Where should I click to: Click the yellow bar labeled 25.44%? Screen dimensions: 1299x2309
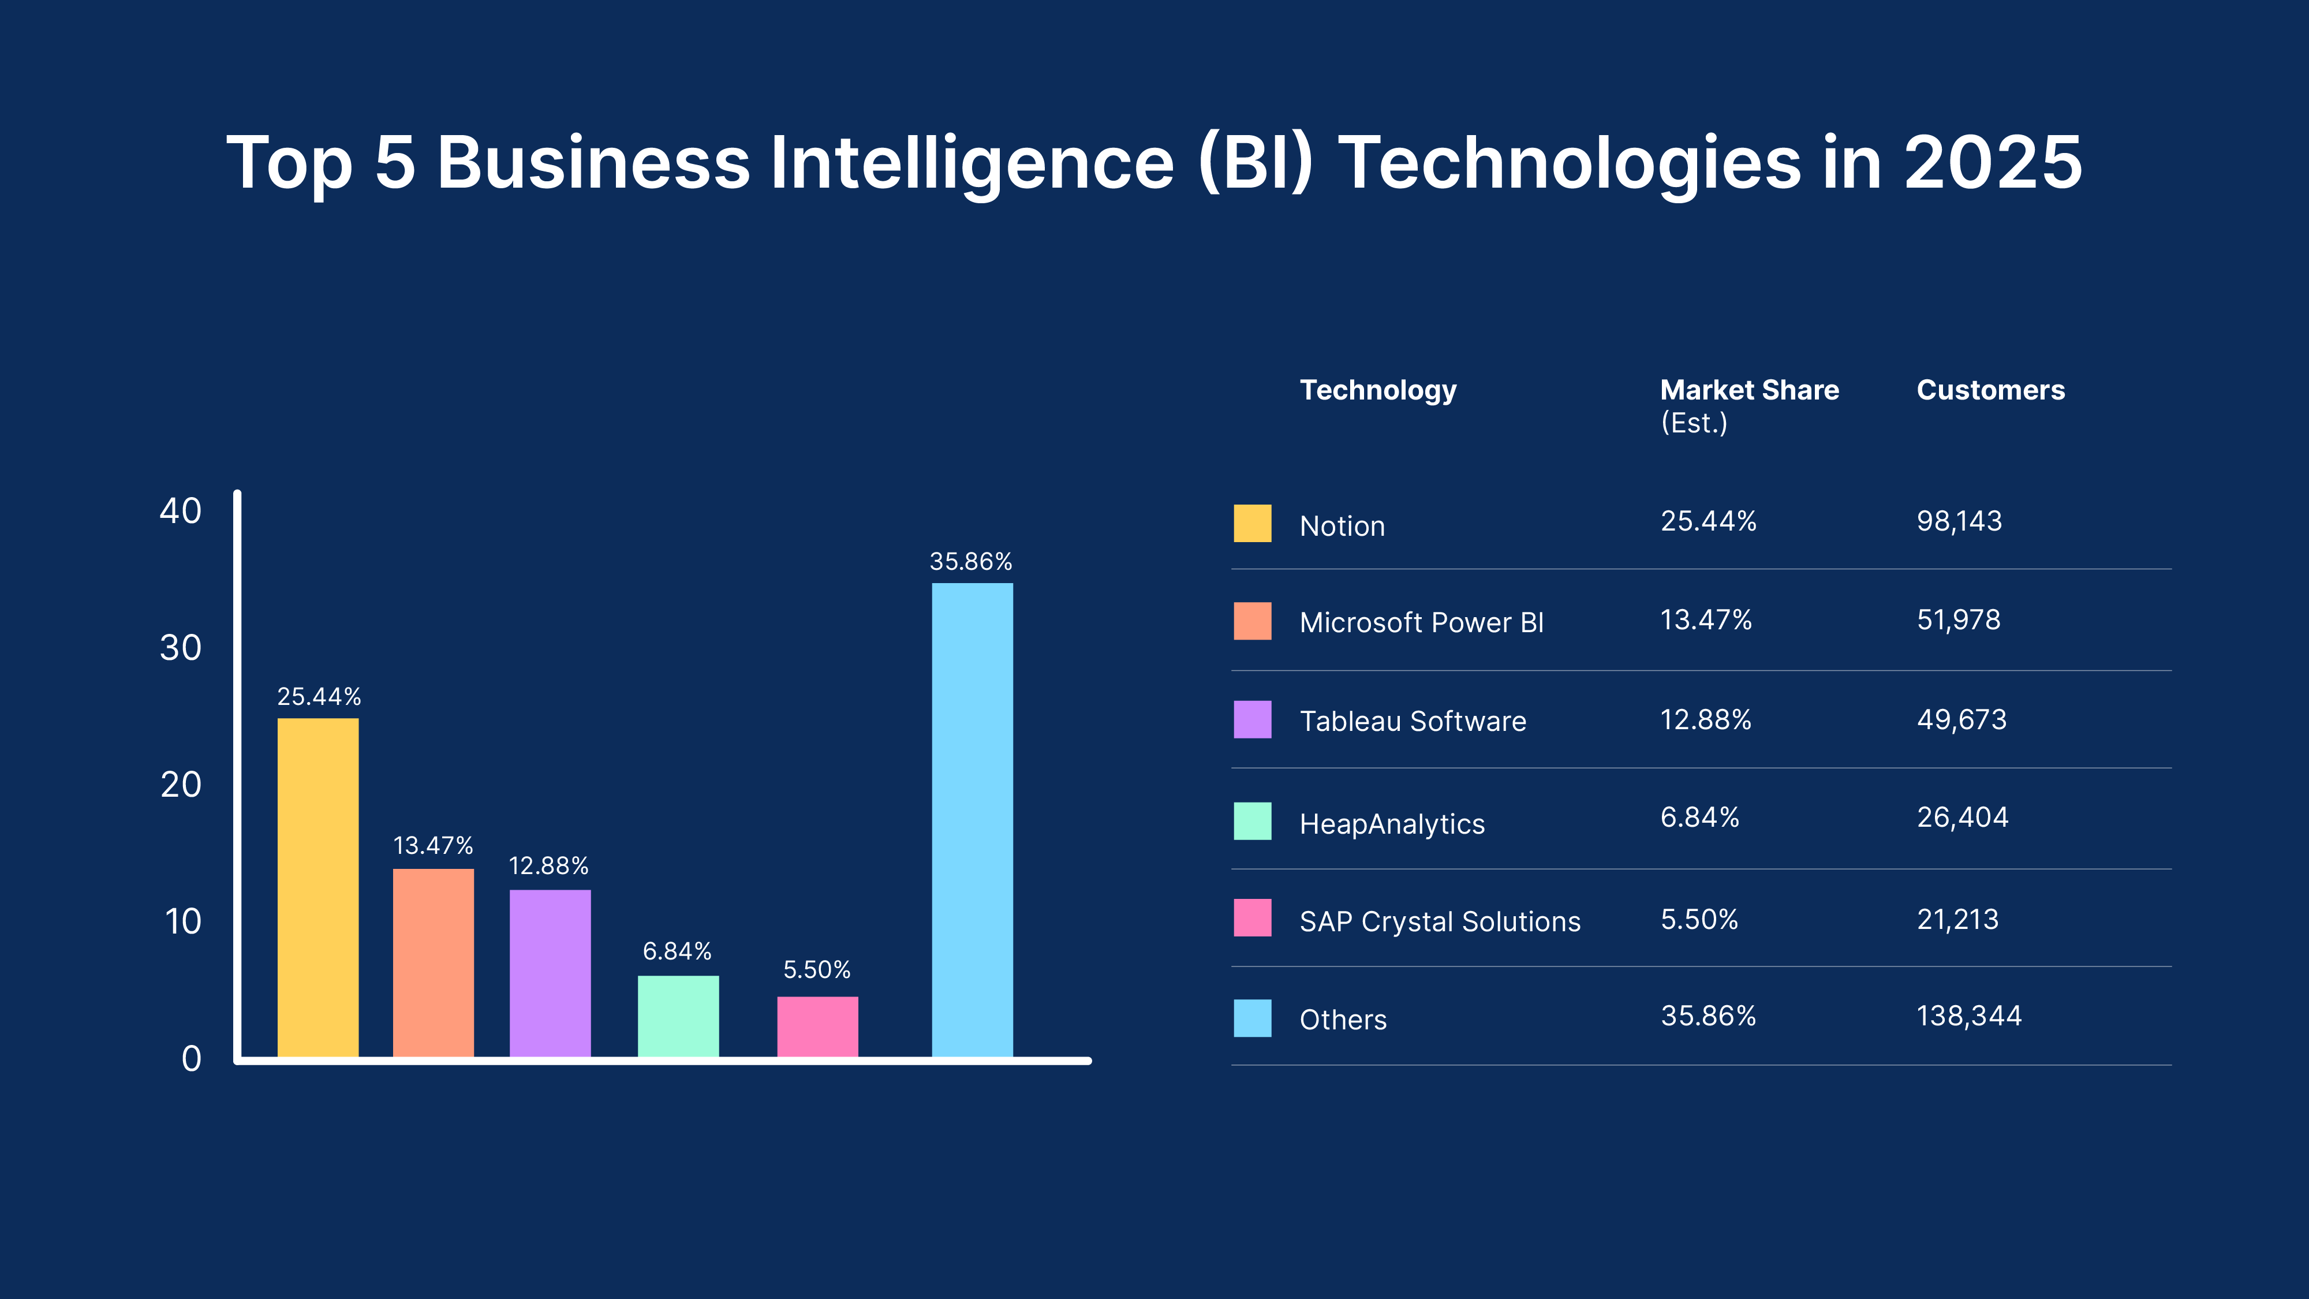[317, 887]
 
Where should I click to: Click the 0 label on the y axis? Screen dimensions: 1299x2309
[191, 1059]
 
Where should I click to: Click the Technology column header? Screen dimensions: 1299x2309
[1378, 390]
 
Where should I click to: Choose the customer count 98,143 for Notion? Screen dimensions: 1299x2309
[1959, 521]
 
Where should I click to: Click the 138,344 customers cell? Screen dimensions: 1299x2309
[1968, 1016]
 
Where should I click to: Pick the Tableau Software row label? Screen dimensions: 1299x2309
[1413, 721]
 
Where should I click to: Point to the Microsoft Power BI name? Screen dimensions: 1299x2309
[1422, 622]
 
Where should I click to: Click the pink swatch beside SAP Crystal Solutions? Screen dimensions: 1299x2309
[1252, 918]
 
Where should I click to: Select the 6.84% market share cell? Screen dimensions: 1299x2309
[1699, 818]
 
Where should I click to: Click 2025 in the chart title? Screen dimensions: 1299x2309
[1993, 163]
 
